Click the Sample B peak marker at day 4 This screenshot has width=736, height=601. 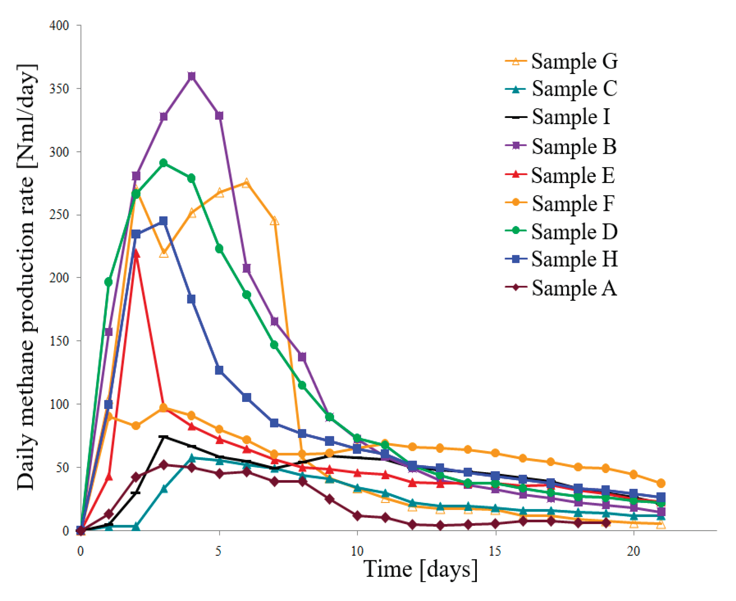tap(191, 76)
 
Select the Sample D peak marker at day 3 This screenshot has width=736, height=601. tap(164, 163)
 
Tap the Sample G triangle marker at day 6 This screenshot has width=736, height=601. tap(246, 183)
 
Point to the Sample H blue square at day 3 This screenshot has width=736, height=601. tap(164, 221)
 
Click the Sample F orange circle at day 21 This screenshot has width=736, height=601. tap(661, 483)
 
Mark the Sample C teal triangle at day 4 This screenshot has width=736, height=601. tap(191, 458)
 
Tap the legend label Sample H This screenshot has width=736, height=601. tap(574, 259)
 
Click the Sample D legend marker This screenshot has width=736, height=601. tap(516, 230)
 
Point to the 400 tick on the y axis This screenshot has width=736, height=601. tap(59, 26)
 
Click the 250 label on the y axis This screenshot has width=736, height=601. tap(59, 215)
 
